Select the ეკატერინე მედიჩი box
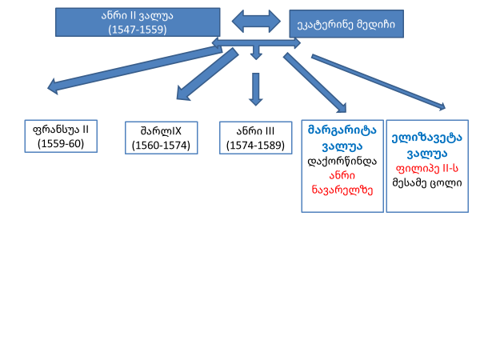[346, 25]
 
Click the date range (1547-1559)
[138, 29]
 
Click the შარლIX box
[161, 137]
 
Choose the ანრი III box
[255, 137]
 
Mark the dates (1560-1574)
[161, 146]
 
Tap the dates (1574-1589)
[255, 145]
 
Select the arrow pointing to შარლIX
[204, 77]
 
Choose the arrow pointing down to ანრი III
[255, 88]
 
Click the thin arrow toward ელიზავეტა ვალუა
[376, 80]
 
